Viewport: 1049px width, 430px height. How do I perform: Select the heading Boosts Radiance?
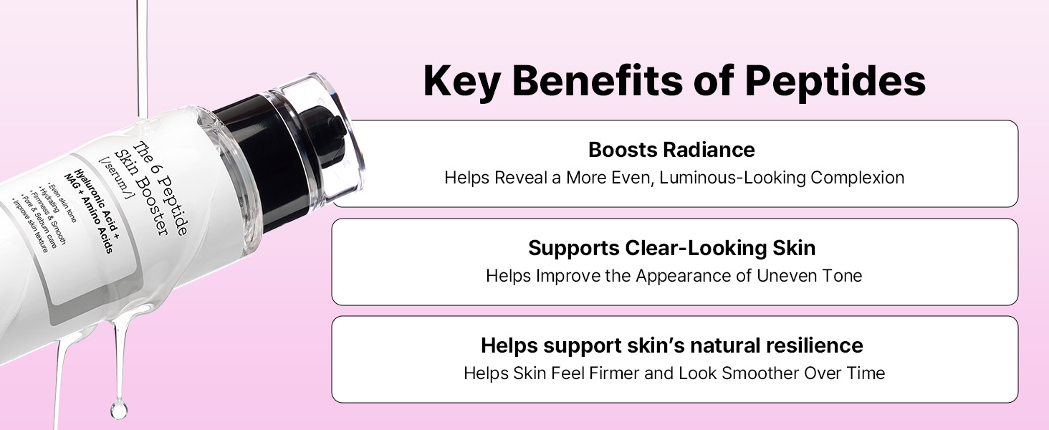[671, 150]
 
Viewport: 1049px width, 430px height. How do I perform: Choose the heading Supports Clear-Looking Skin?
[671, 248]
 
